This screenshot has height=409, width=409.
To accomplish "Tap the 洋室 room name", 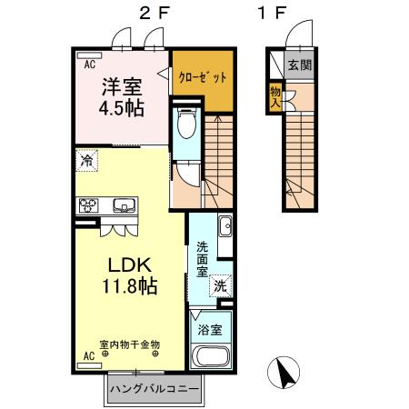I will pyautogui.click(x=121, y=88).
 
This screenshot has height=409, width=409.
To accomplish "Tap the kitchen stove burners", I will pyautogui.click(x=89, y=204).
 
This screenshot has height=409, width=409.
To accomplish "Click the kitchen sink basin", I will pyautogui.click(x=123, y=204).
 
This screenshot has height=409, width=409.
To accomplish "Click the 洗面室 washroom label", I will pyautogui.click(x=203, y=258).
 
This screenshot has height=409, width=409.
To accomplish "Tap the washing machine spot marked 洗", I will pyautogui.click(x=219, y=285).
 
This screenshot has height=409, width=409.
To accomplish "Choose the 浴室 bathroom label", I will pyautogui.click(x=212, y=329).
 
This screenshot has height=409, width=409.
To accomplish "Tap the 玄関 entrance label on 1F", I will pyautogui.click(x=297, y=65).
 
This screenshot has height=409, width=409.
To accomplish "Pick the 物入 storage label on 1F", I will pyautogui.click(x=274, y=95).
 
